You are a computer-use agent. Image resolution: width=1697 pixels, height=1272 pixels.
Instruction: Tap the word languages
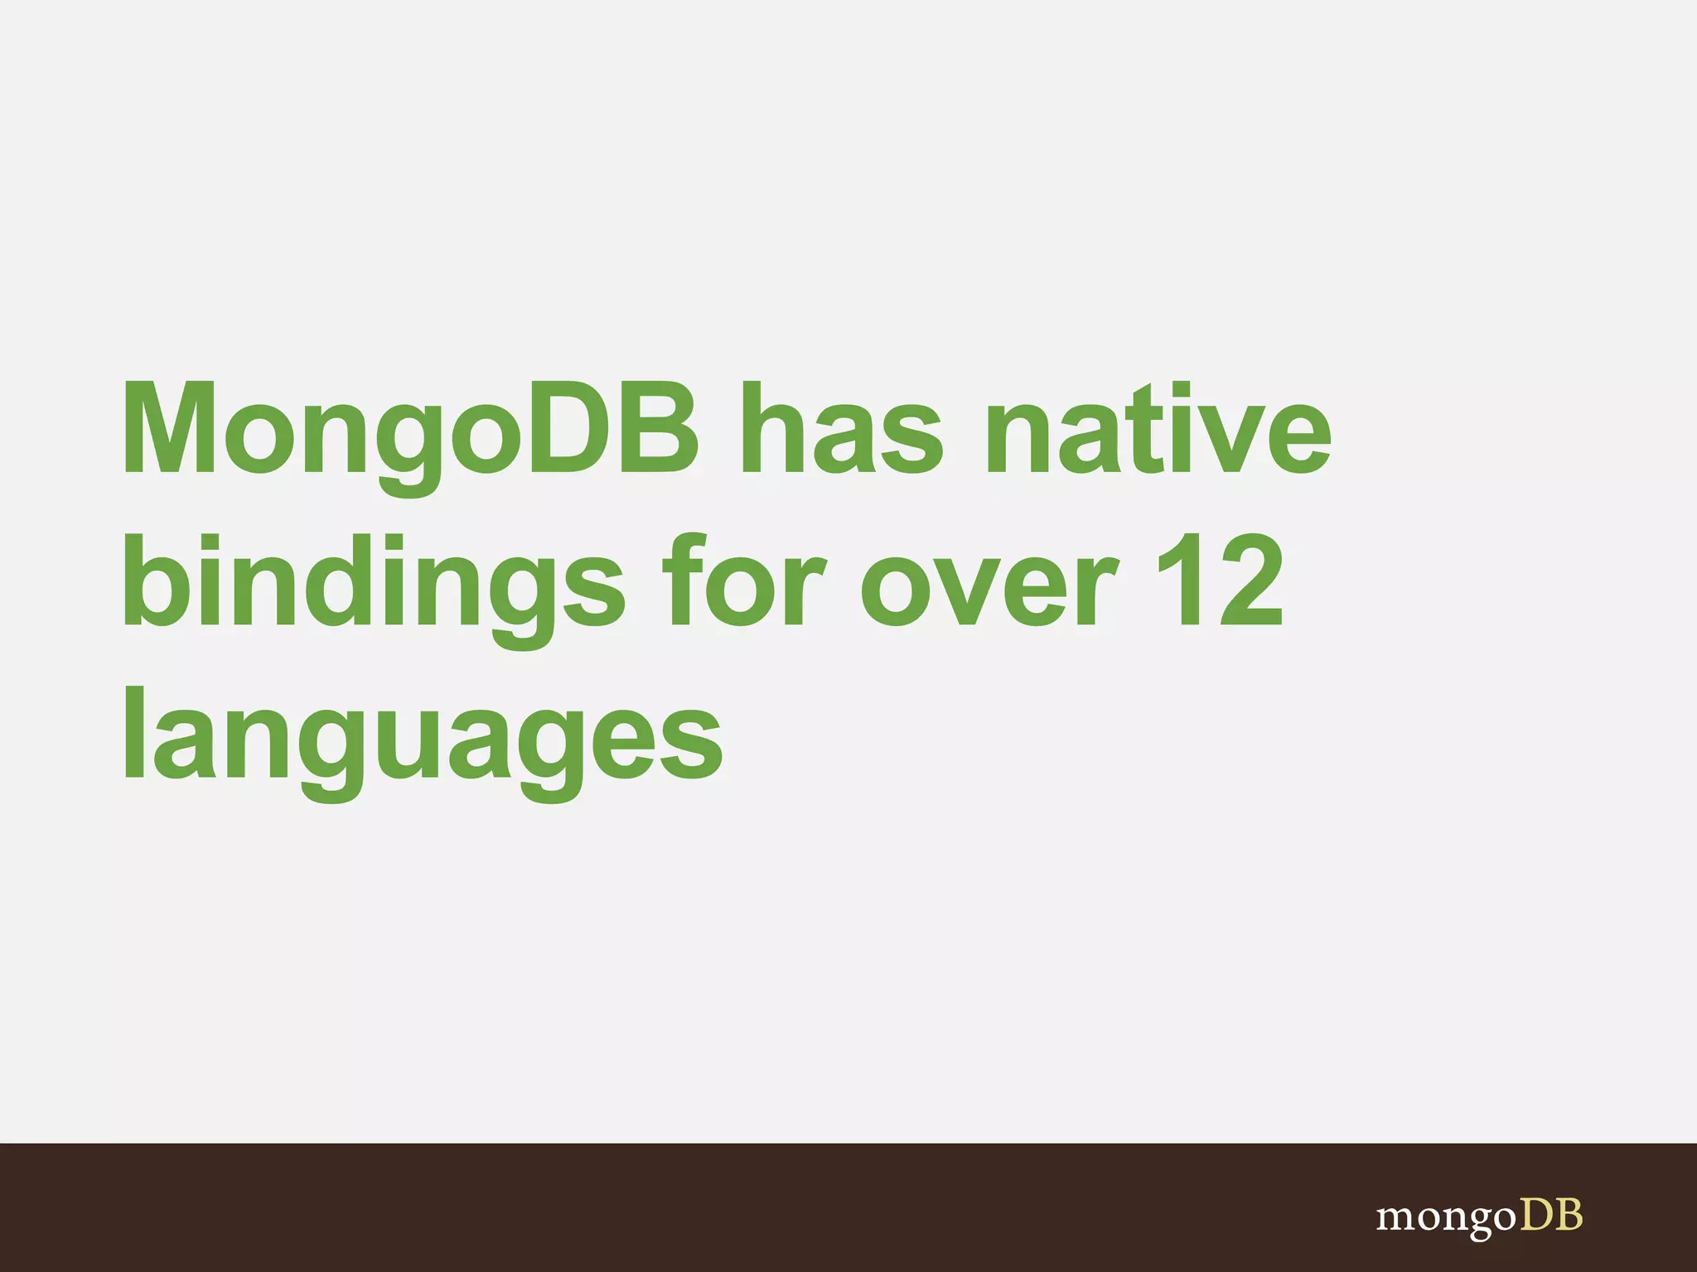pos(423,737)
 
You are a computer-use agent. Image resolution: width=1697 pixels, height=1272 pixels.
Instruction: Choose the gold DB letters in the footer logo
pos(1551,1216)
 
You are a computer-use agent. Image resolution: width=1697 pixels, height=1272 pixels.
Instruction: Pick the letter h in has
pos(772,428)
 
